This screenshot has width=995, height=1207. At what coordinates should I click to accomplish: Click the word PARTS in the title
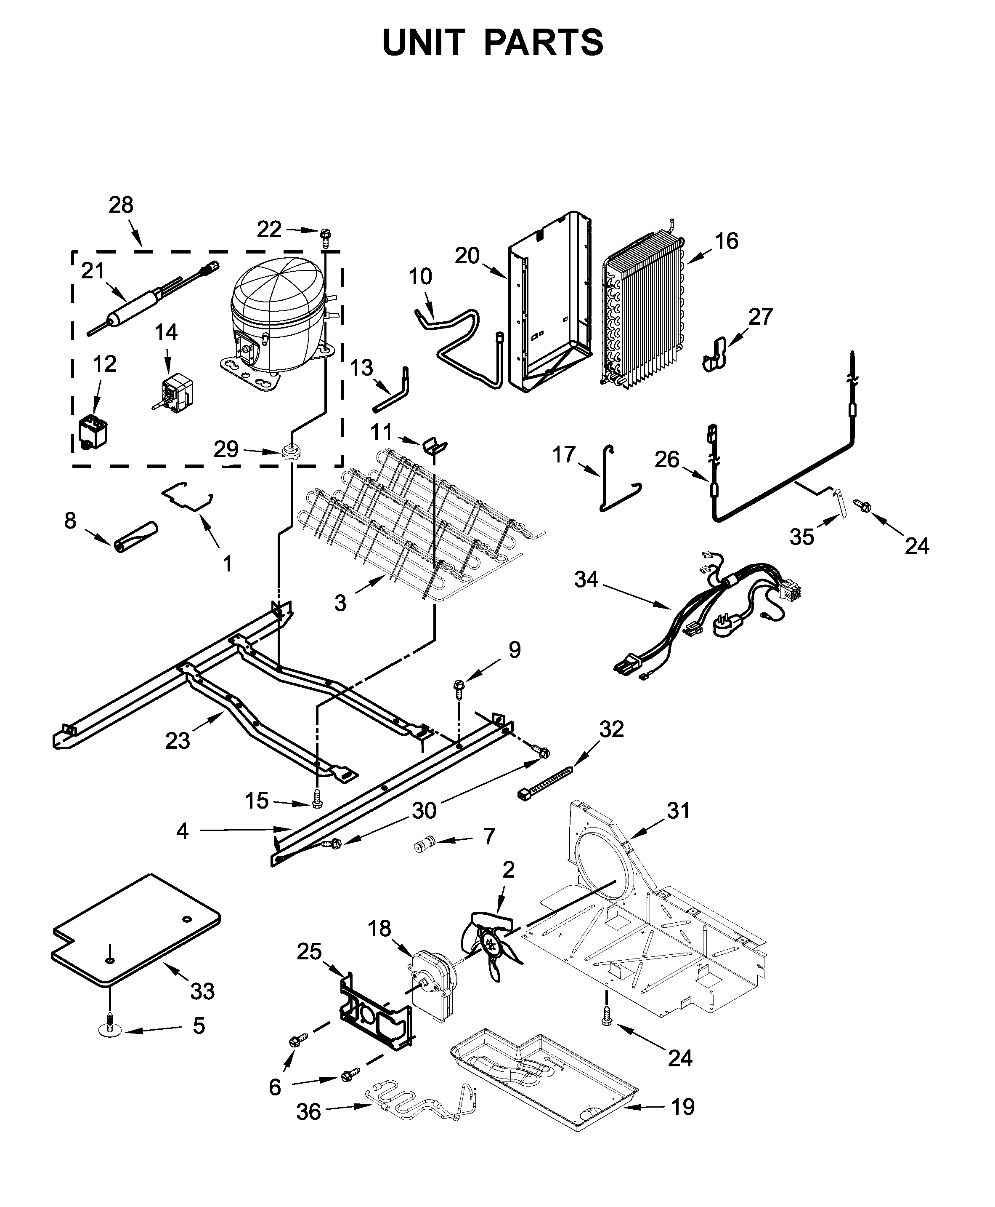[543, 43]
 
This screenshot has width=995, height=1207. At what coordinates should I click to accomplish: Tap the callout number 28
[121, 205]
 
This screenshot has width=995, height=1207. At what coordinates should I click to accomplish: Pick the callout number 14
[166, 332]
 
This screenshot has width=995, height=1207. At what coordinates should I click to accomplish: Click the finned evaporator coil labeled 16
[645, 310]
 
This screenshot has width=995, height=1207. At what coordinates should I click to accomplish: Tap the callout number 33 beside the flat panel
[202, 991]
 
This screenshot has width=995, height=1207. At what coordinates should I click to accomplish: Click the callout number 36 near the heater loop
[308, 1112]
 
